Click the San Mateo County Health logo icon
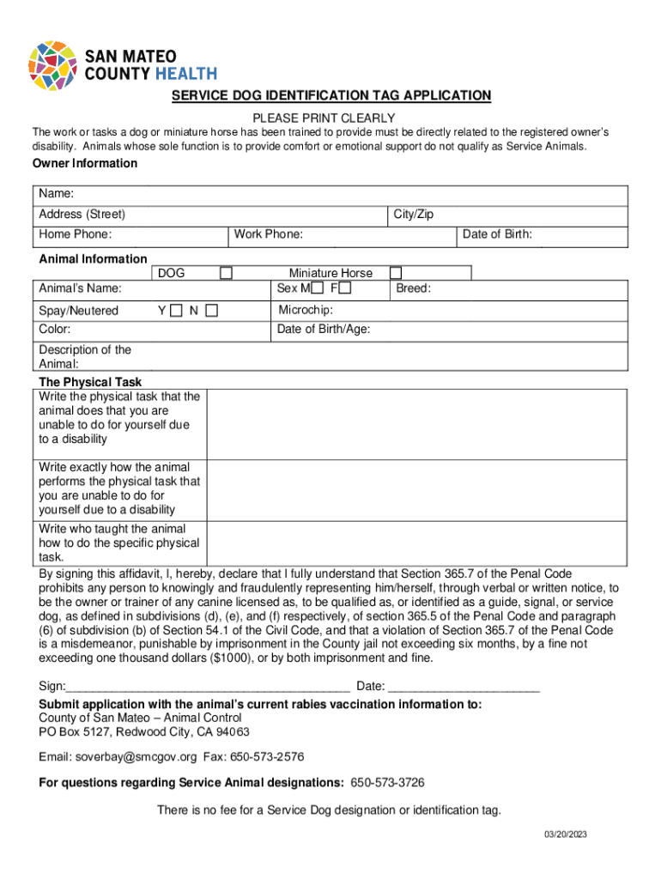pyautogui.click(x=53, y=65)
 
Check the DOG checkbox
pyautogui.click(x=226, y=273)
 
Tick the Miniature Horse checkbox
pyautogui.click(x=396, y=273)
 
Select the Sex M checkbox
pyautogui.click(x=318, y=288)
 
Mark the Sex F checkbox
pyautogui.click(x=345, y=288)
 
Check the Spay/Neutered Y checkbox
pyautogui.click(x=176, y=310)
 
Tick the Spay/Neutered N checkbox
pyautogui.click(x=210, y=310)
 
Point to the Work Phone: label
pyautogui.click(x=268, y=233)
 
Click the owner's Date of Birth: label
pyautogui.click(x=497, y=233)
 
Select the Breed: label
pyautogui.click(x=413, y=288)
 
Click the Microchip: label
pyautogui.click(x=305, y=310)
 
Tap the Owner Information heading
pyautogui.click(x=84, y=163)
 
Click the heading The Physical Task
pyautogui.click(x=90, y=381)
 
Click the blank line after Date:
pyautogui.click(x=464, y=685)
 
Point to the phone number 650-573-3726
pyautogui.click(x=387, y=783)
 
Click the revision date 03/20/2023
pyautogui.click(x=564, y=834)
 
